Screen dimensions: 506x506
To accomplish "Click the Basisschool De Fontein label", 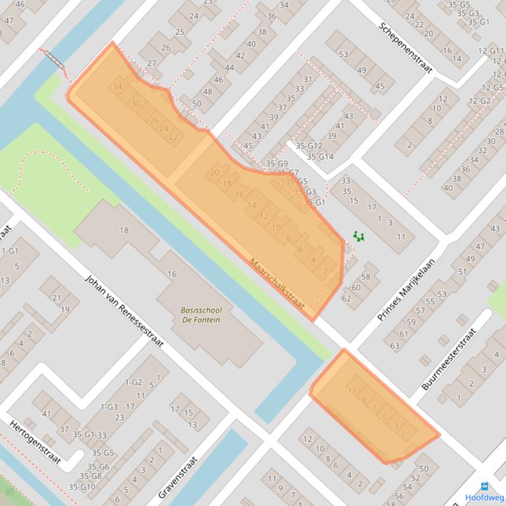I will point(201,315).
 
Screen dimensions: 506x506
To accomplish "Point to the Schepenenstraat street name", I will point(406,47).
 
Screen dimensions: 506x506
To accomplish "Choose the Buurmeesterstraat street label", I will point(448,359).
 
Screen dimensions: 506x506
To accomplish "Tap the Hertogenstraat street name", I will point(35,442).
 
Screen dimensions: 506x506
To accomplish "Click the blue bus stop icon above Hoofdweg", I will point(485,487).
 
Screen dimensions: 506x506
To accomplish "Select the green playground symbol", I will point(359,236).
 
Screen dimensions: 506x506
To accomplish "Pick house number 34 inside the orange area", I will point(118,87).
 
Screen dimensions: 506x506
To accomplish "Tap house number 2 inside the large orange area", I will point(325,270).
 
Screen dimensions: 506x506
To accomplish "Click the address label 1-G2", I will point(134,382).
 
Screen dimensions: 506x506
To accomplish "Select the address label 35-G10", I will point(82,487).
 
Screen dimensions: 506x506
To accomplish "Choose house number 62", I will point(346,298).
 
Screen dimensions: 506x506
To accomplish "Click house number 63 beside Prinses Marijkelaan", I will point(395,345).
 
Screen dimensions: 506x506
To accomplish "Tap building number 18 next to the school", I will point(124,230).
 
